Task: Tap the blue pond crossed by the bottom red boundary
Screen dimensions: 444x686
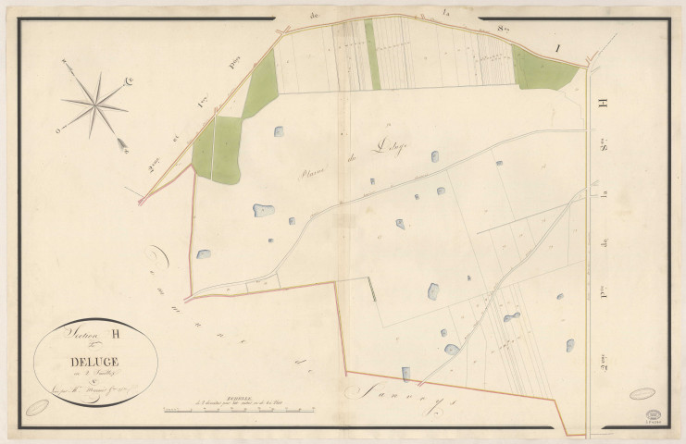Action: [405, 374]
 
